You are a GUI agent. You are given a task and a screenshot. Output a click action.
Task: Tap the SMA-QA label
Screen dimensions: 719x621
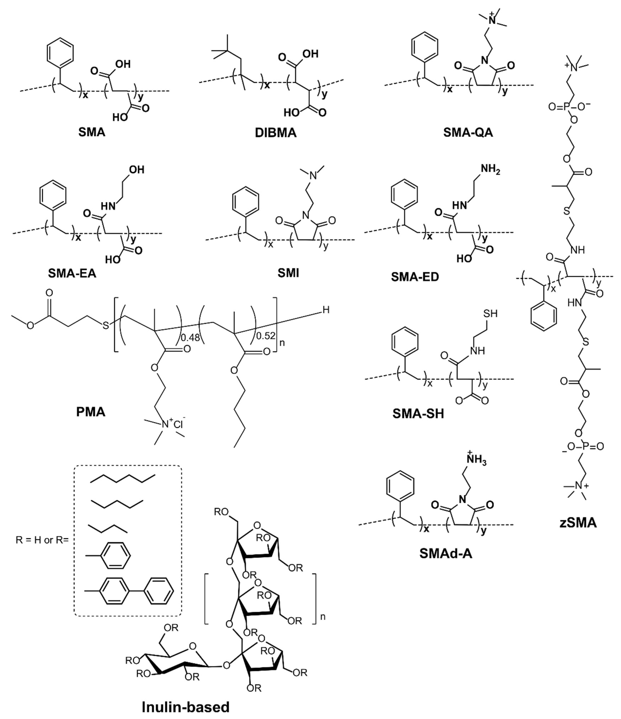468,133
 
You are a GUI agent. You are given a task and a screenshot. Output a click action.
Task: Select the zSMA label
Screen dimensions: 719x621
578,523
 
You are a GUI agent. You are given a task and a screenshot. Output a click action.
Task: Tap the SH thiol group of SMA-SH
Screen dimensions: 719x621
490,314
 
